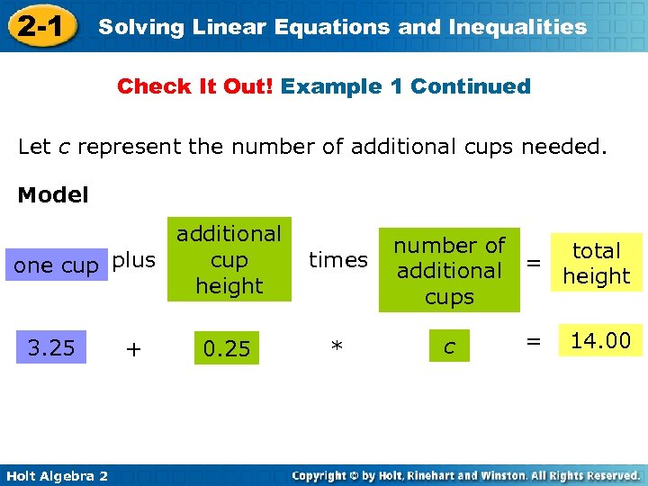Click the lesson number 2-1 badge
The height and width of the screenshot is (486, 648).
pyautogui.click(x=39, y=27)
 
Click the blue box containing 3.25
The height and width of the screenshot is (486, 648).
pyautogui.click(x=51, y=347)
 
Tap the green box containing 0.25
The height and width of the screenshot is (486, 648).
pyautogui.click(x=227, y=348)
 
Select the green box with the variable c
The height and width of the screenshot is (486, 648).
pyautogui.click(x=449, y=346)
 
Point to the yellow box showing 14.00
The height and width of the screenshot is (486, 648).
pyautogui.click(x=601, y=340)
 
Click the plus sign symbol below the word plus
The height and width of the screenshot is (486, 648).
pyautogui.click(x=133, y=349)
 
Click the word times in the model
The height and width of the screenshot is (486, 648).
pyautogui.click(x=338, y=260)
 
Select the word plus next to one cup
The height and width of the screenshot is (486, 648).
pyautogui.click(x=134, y=260)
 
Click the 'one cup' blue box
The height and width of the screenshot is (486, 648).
pyautogui.click(x=56, y=265)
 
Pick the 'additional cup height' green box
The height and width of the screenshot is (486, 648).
pyautogui.click(x=229, y=259)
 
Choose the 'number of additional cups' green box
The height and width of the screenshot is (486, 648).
pyautogui.click(x=449, y=270)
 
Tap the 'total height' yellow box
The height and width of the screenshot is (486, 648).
pyautogui.click(x=597, y=263)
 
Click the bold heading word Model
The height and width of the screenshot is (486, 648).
pyautogui.click(x=53, y=195)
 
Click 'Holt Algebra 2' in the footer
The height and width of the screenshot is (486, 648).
pyautogui.click(x=55, y=475)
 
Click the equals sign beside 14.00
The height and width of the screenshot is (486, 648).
pyautogui.click(x=533, y=341)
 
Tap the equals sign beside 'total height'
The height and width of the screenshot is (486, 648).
pyautogui.click(x=534, y=263)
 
